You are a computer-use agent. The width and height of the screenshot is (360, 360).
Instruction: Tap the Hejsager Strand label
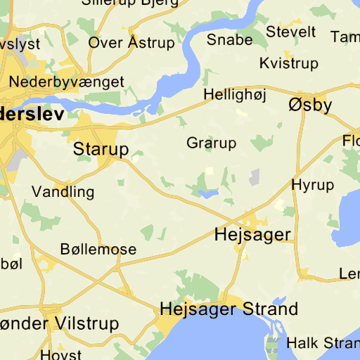(x=229, y=309)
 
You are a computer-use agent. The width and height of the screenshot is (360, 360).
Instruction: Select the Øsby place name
(x=310, y=105)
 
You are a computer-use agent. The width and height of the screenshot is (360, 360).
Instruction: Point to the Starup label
(x=101, y=149)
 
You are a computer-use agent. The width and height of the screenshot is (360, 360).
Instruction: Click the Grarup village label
(x=212, y=143)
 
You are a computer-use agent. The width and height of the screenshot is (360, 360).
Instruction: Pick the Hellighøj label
(x=231, y=94)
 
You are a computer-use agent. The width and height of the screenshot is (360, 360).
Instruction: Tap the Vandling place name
(x=63, y=191)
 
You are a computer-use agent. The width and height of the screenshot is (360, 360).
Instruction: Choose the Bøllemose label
(x=98, y=250)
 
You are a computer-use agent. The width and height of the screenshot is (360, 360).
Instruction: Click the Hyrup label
(x=312, y=185)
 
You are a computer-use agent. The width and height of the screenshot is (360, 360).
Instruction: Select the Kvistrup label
(x=288, y=63)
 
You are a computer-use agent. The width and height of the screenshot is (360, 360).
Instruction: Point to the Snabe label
(x=229, y=40)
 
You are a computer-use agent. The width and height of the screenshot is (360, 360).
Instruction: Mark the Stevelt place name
(x=291, y=32)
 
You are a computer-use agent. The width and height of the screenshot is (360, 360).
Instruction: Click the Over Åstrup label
(x=131, y=43)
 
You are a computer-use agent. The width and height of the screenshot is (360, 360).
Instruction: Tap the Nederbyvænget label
(x=66, y=82)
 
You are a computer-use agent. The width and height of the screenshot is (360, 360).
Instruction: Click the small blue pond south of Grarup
(x=208, y=193)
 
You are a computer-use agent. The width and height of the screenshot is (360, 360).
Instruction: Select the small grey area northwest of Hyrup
(x=255, y=176)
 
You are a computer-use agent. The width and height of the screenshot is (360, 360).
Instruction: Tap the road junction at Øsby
(x=303, y=92)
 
